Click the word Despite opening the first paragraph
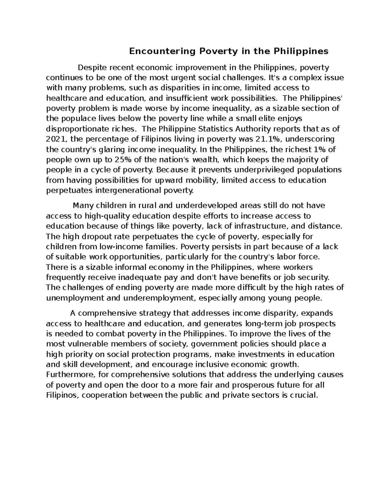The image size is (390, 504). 92,68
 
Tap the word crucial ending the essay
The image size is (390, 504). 302,395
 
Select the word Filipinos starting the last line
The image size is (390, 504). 62,395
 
